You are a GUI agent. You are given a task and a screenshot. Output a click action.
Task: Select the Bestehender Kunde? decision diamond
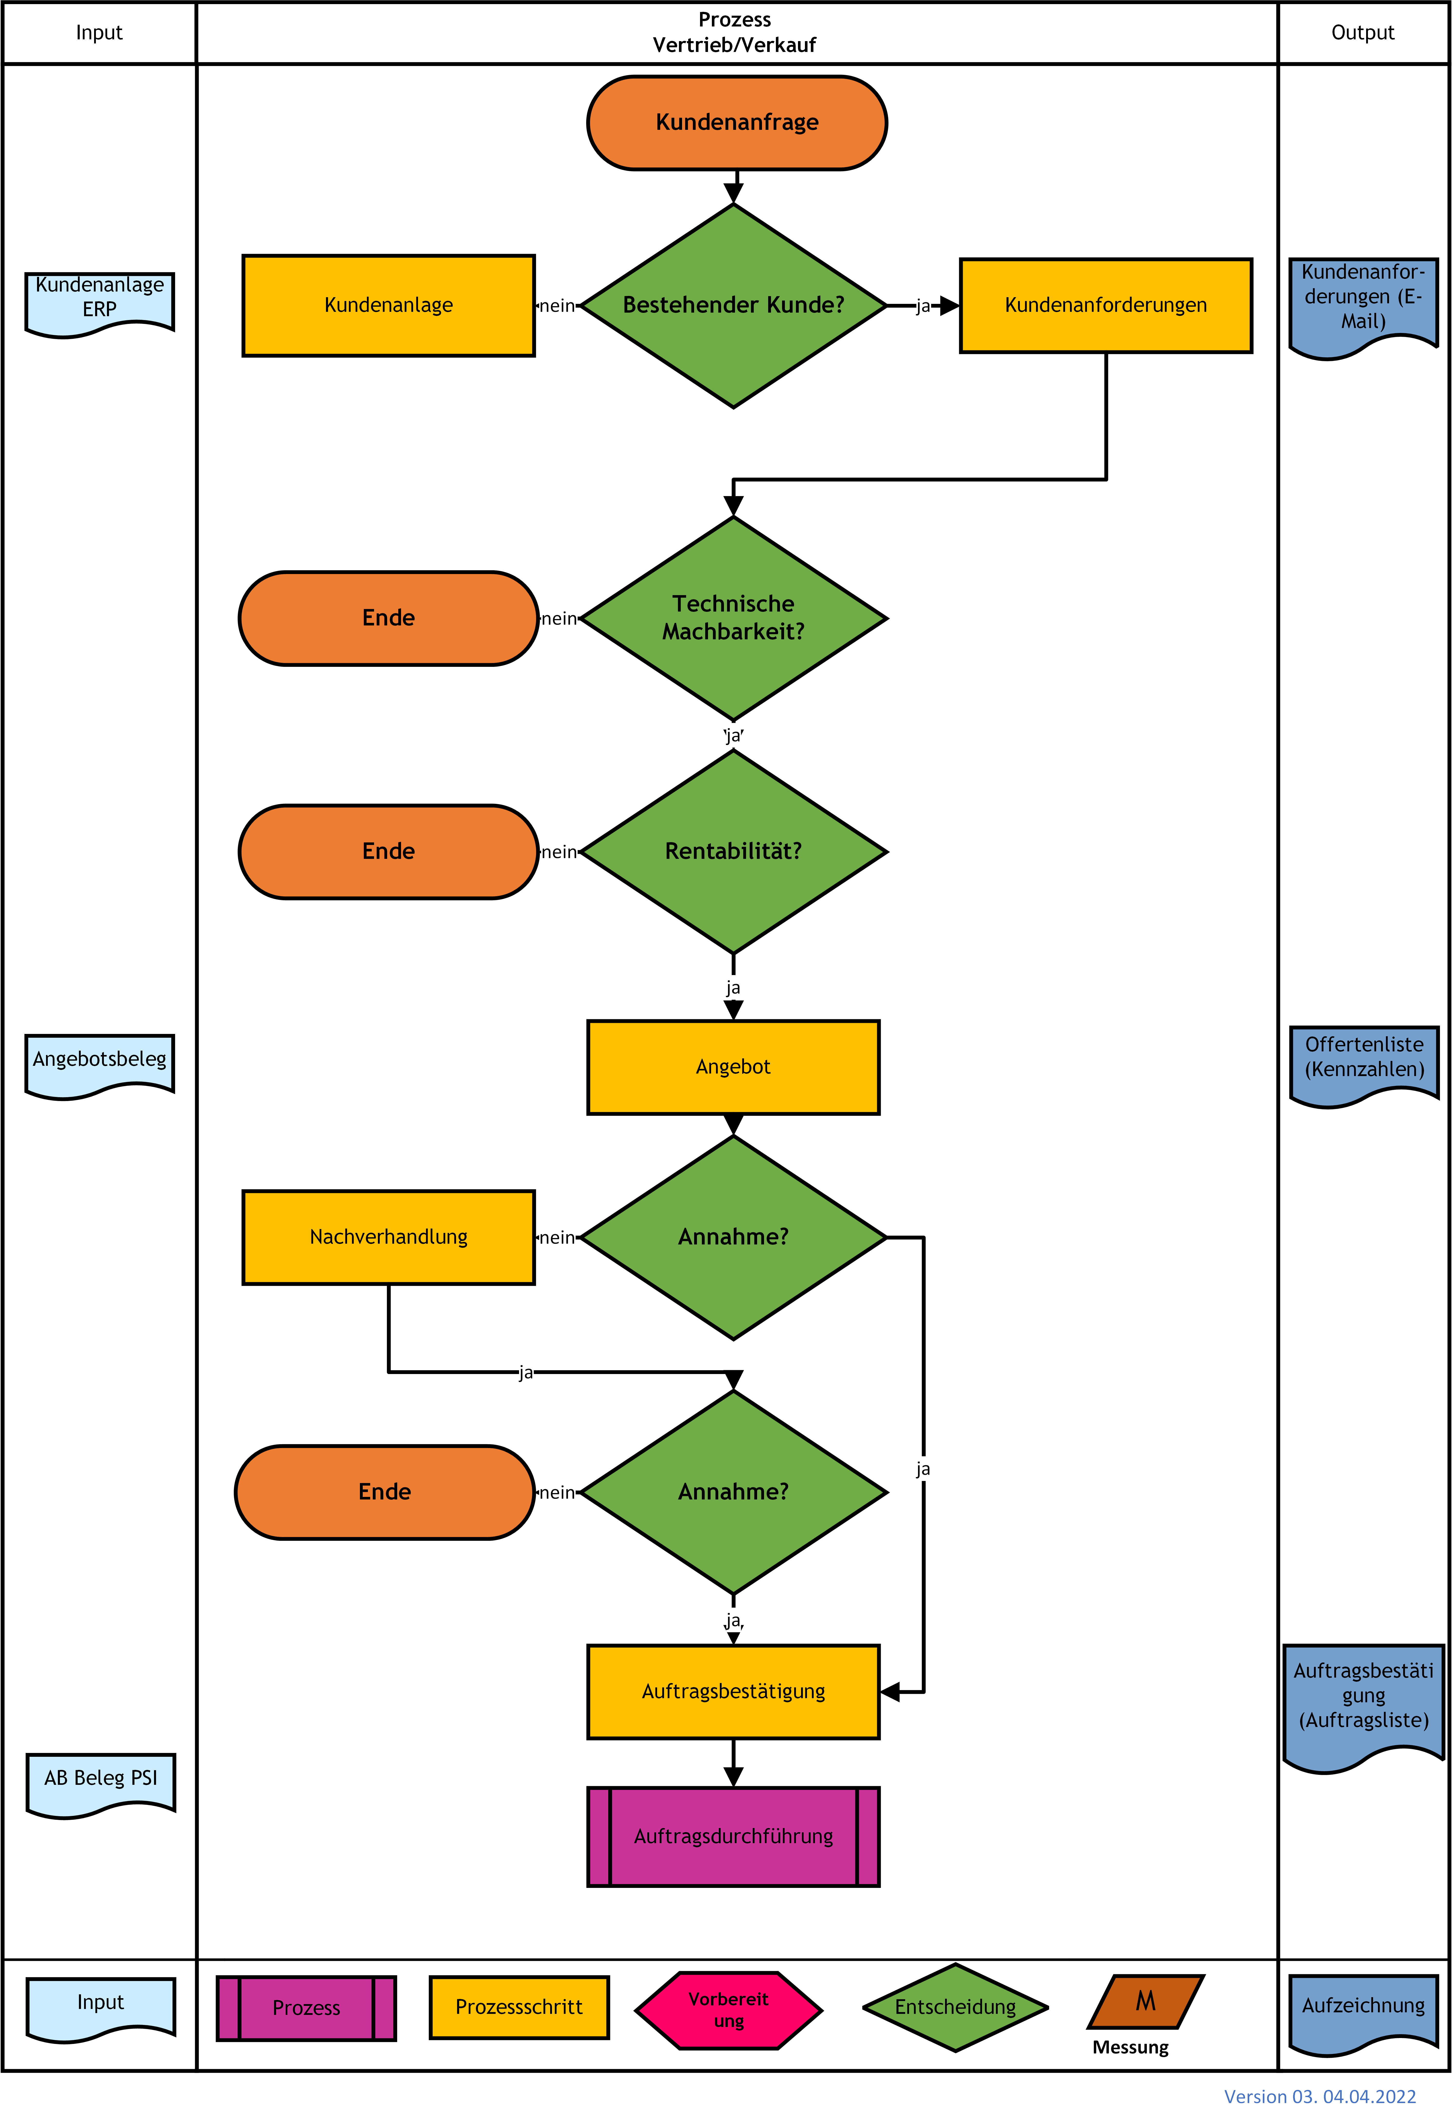pyautogui.click(x=733, y=305)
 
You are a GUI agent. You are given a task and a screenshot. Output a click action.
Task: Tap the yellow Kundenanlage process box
pyautogui.click(x=388, y=305)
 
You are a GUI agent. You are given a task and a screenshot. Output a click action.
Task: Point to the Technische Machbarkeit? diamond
pyautogui.click(x=733, y=618)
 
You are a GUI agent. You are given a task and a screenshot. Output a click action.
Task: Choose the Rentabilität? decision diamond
pyautogui.click(x=733, y=852)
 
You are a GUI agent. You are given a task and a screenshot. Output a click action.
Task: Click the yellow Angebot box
pyautogui.click(x=733, y=1067)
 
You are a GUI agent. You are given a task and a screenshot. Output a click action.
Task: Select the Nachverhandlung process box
pyautogui.click(x=388, y=1237)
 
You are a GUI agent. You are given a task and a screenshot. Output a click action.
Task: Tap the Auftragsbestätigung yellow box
pyautogui.click(x=733, y=1691)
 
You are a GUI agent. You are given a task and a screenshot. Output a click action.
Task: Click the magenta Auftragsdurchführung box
pyautogui.click(x=733, y=1836)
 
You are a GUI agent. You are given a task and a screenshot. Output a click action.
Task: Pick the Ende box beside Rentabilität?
pyautogui.click(x=388, y=852)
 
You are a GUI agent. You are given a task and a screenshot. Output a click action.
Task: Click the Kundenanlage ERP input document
pyautogui.click(x=99, y=305)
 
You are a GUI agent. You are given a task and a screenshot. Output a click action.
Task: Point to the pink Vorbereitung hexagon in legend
pyautogui.click(x=729, y=2009)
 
